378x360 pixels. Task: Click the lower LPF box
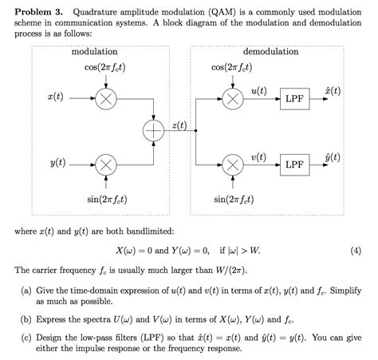[295, 165]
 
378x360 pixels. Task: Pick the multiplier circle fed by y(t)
[105, 165]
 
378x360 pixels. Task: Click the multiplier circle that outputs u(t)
[233, 98]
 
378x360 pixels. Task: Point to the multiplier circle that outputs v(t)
[233, 165]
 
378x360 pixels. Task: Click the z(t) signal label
[179, 126]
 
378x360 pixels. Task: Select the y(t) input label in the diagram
[57, 164]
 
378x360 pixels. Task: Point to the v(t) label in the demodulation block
[258, 157]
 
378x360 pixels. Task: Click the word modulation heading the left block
[95, 51]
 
